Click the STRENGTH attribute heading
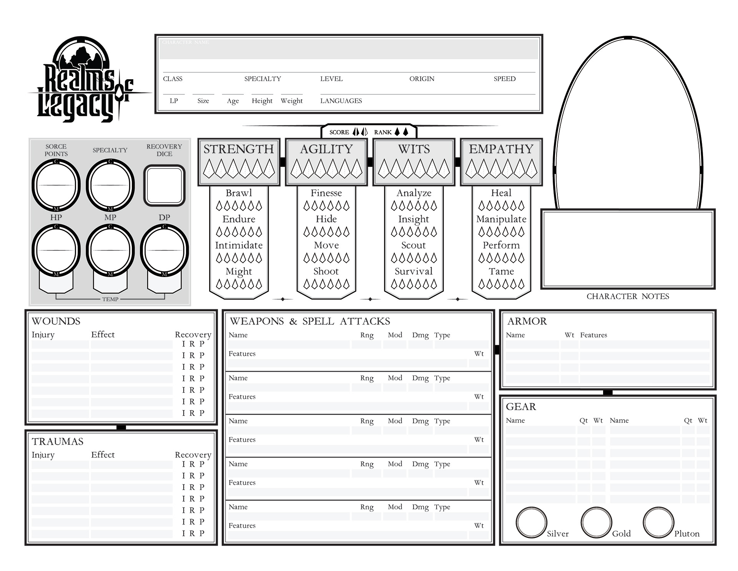coord(238,149)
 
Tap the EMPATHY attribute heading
coord(501,149)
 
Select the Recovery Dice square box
coord(165,185)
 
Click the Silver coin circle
coord(531,522)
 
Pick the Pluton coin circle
coord(658,522)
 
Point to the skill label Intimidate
coord(239,245)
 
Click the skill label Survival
coord(414,271)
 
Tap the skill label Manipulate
coord(501,219)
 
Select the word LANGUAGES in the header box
coord(341,101)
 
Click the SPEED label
coord(504,79)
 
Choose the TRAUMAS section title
coord(58,441)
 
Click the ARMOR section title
coord(527,321)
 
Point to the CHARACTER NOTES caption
coord(627,296)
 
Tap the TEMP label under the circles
coord(110,299)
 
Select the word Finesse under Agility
coord(326,193)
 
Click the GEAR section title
coord(520,407)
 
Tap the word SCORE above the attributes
coord(339,132)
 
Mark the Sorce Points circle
coord(56,185)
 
